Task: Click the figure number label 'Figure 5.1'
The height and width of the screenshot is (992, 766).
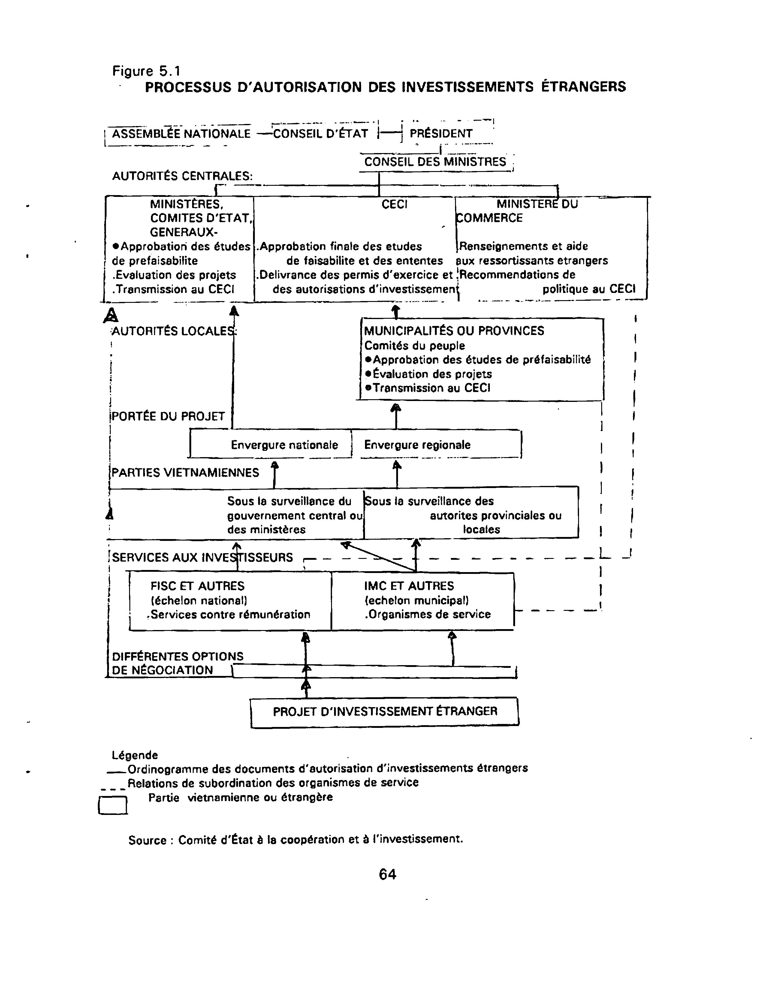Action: (146, 71)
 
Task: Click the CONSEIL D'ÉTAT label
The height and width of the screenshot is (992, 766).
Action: (320, 134)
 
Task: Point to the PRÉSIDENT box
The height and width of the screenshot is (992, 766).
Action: (441, 134)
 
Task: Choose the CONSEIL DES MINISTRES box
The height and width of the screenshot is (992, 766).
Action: (435, 162)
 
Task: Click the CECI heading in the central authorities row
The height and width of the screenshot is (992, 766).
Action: (394, 204)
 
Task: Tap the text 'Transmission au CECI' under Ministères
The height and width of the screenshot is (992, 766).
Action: (175, 289)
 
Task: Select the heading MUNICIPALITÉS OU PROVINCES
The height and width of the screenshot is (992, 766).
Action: (454, 331)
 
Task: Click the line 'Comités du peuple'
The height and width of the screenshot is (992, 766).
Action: (414, 346)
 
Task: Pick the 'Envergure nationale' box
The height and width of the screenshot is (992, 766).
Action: (284, 445)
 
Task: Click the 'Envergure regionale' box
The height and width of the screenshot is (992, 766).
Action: (417, 445)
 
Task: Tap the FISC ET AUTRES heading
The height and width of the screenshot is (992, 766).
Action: (197, 586)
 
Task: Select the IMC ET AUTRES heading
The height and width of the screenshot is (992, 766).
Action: (409, 586)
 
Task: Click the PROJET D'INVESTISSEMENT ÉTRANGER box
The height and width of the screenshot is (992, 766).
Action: (385, 711)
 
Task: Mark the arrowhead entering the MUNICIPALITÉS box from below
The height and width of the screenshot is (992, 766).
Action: (396, 407)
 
